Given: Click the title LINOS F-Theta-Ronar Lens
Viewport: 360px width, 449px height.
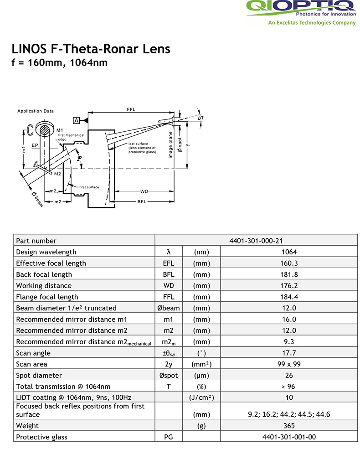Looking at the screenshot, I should (91, 49).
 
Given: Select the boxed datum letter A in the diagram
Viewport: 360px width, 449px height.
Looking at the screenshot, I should (76, 120).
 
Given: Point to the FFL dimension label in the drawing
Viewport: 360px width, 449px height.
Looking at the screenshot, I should (131, 110).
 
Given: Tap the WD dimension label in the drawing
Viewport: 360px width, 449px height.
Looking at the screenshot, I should (144, 191).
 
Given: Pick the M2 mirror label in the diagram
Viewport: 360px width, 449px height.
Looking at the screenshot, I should (57, 174).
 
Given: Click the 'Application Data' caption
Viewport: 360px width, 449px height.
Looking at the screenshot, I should (36, 111).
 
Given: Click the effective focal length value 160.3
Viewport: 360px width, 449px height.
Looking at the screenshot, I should (289, 263).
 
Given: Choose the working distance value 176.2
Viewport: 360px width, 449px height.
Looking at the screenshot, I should (289, 285).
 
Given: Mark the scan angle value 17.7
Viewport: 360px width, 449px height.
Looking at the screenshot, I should (289, 353).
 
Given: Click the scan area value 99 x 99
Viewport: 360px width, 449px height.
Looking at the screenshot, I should (289, 364).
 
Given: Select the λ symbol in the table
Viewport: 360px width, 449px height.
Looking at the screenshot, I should (169, 252).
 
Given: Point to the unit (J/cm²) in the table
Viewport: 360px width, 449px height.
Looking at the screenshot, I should (201, 397).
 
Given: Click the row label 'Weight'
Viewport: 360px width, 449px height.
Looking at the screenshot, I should (27, 426).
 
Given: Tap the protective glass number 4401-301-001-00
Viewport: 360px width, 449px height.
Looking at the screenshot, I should (289, 437).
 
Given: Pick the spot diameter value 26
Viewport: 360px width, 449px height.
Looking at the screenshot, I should (289, 375).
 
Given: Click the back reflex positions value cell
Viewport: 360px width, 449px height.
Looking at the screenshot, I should (289, 414).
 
